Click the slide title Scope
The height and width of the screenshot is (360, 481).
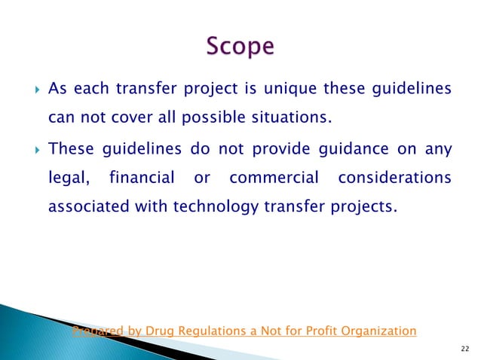click(x=240, y=46)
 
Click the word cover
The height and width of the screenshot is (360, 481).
click(x=127, y=117)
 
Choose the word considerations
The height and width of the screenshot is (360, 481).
click(x=394, y=178)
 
